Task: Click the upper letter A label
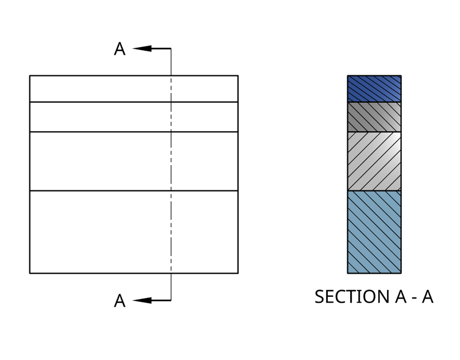[120, 49]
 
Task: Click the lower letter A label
[120, 301]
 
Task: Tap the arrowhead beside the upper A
[143, 48]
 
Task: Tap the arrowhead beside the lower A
[143, 300]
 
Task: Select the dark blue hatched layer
[374, 89]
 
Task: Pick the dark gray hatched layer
[374, 117]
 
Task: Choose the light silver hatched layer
[374, 161]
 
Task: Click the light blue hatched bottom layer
[374, 231]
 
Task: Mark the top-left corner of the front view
[30, 75]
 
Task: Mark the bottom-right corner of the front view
[237, 273]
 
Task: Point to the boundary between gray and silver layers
[374, 132]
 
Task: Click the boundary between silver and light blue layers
[374, 190]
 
